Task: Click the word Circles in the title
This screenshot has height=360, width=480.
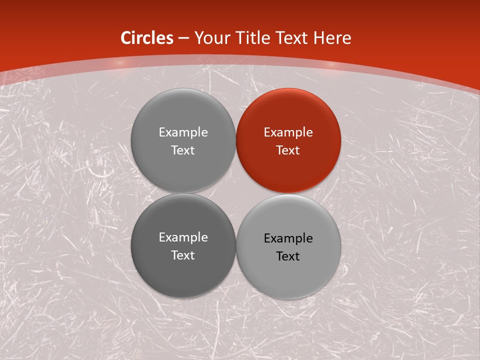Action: click(x=147, y=38)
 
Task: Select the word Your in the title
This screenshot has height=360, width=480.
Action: click(x=209, y=38)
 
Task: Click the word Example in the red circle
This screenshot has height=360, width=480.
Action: click(x=288, y=132)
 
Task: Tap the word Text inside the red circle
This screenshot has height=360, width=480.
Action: click(x=288, y=150)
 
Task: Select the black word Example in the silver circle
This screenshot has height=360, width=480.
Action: click(x=288, y=238)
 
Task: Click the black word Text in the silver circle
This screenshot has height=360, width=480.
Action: click(x=288, y=256)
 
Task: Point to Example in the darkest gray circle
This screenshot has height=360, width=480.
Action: click(x=183, y=237)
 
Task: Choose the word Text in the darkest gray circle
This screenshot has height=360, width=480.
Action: click(x=183, y=255)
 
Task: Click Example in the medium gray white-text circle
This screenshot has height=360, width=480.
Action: click(x=183, y=132)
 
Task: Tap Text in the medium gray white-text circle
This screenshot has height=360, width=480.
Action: click(x=183, y=150)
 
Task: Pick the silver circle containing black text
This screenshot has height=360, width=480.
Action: click(x=288, y=280)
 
